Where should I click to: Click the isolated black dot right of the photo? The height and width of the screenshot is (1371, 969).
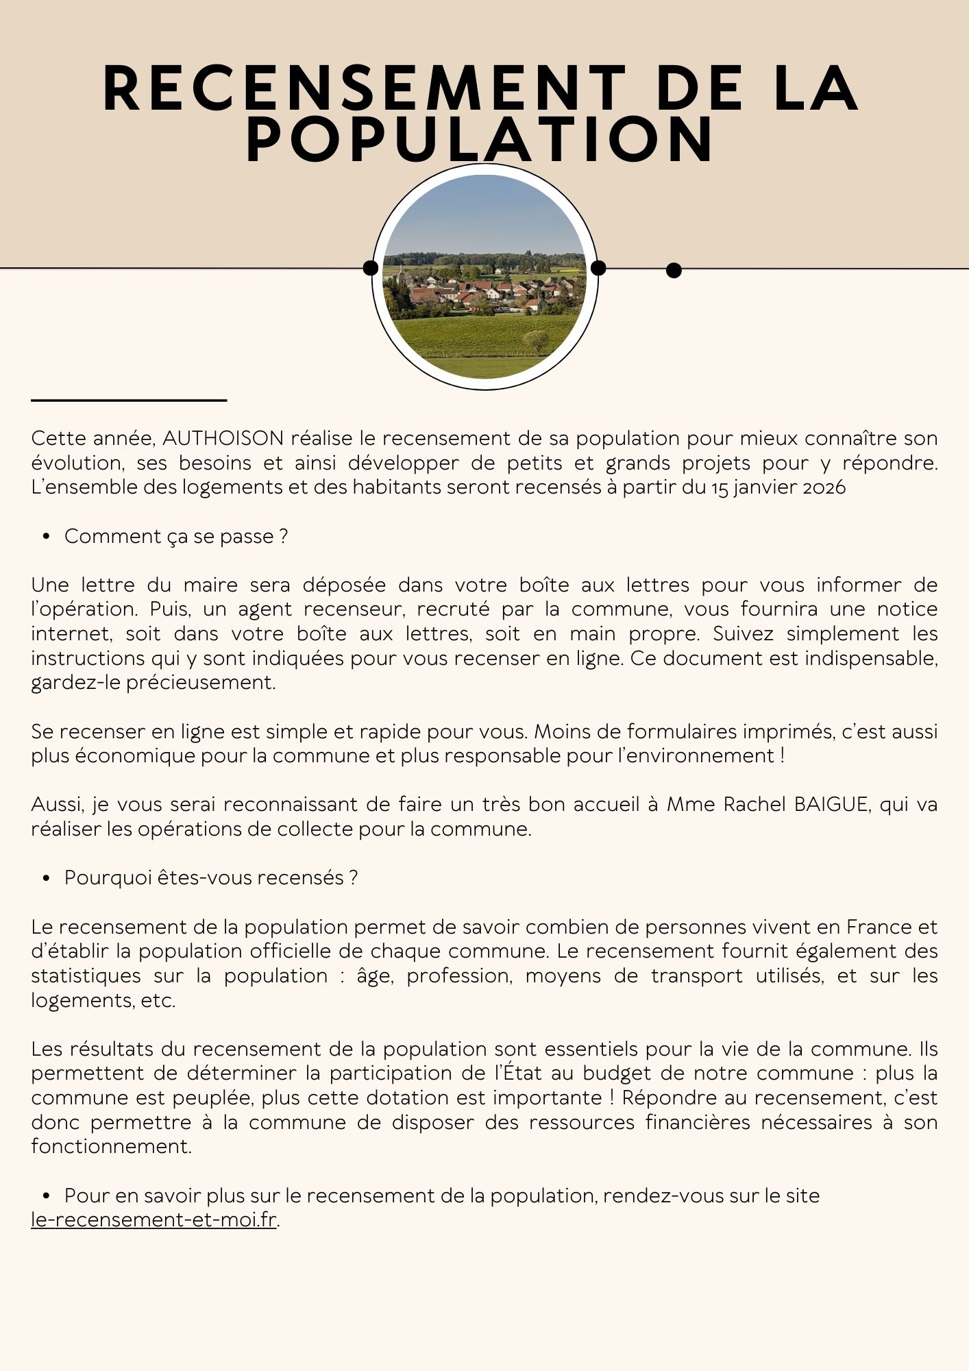coord(674,271)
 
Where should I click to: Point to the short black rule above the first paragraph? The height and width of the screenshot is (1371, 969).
coord(129,400)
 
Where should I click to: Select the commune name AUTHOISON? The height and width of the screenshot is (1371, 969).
coord(223,438)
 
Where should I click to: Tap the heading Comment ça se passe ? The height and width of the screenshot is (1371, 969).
coord(175,536)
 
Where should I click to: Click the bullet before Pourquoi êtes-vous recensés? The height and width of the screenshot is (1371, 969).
coord(47,878)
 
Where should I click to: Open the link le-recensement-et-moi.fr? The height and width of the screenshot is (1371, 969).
coord(154,1221)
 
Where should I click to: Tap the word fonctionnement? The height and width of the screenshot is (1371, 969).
coord(111,1146)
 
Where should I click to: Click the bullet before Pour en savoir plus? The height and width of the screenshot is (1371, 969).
coord(47,1196)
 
